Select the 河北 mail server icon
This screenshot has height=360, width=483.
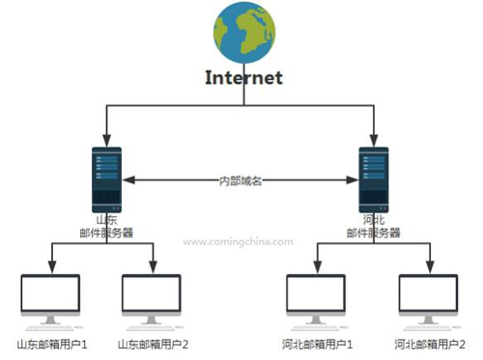click(x=373, y=179)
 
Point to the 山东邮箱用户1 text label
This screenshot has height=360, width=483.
click(x=52, y=344)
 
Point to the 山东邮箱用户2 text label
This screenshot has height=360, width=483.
click(x=152, y=344)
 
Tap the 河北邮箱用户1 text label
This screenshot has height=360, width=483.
click(x=318, y=344)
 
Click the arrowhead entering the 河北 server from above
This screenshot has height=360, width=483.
click(x=373, y=139)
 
